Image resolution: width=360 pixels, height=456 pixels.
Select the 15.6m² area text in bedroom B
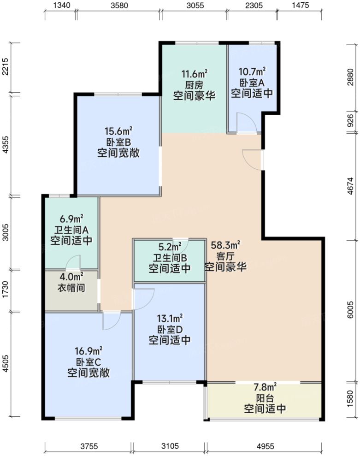tap(118, 131)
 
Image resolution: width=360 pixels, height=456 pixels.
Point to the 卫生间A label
tap(71, 229)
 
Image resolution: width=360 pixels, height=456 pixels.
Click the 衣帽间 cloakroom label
tap(71, 287)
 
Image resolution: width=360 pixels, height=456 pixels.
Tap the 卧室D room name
tap(170, 329)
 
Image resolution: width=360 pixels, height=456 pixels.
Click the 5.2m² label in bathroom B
tap(170, 248)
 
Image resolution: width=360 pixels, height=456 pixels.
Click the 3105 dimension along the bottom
tap(170, 446)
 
